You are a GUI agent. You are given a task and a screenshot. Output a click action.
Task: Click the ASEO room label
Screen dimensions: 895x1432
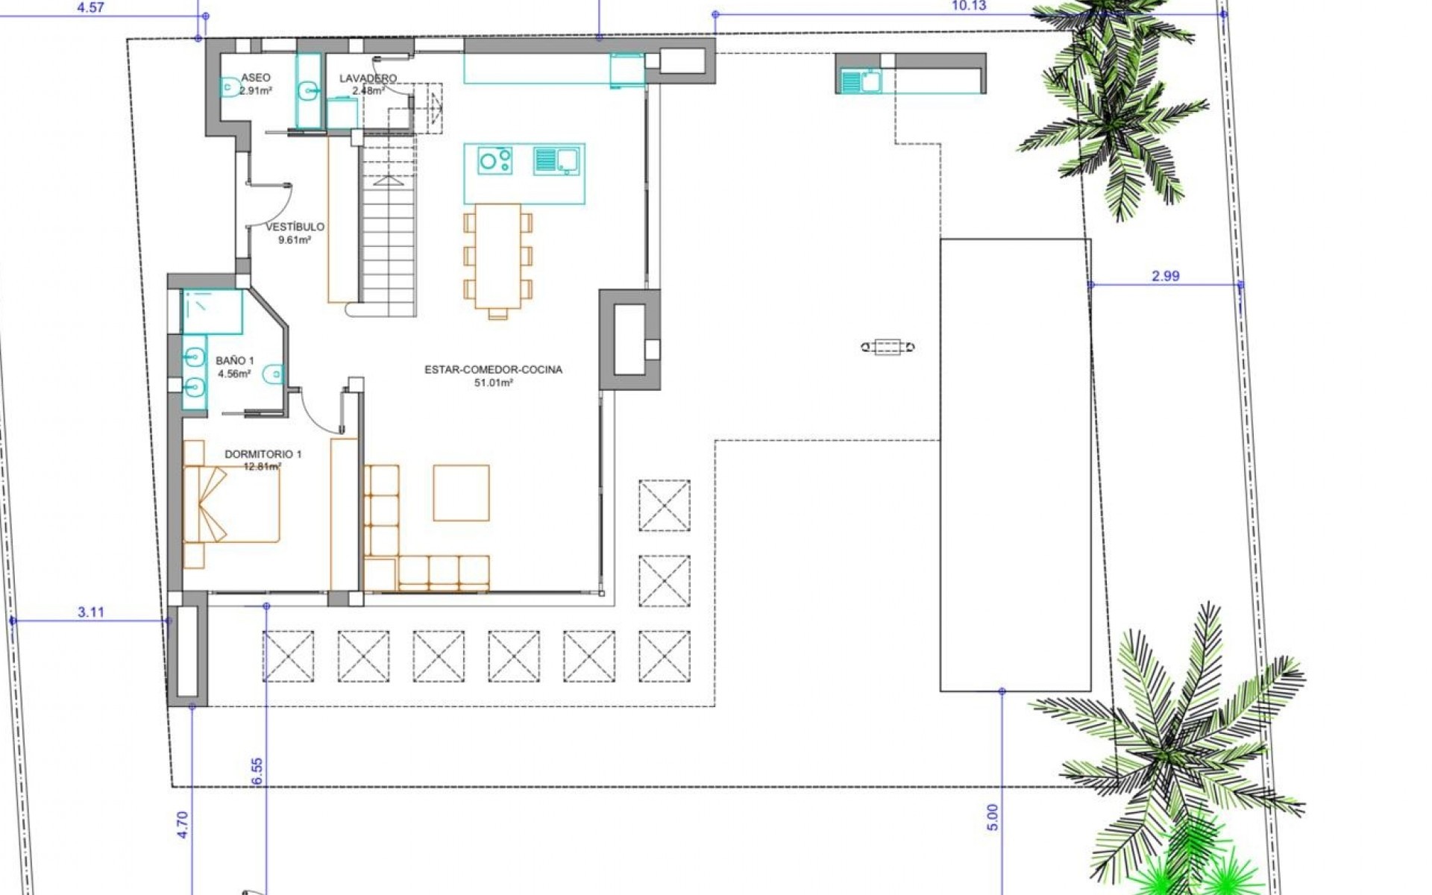click(255, 78)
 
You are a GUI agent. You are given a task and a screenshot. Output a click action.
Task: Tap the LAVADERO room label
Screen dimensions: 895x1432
click(368, 78)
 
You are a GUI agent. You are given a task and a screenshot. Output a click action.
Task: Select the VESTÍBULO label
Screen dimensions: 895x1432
click(295, 227)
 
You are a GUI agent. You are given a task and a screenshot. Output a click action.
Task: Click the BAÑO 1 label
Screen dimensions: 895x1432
click(235, 361)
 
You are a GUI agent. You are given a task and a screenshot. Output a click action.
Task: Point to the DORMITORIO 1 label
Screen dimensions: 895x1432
click(263, 454)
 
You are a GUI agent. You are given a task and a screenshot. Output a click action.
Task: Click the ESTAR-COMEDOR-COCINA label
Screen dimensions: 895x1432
click(493, 370)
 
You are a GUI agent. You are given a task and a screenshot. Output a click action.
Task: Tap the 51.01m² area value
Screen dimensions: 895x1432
click(494, 383)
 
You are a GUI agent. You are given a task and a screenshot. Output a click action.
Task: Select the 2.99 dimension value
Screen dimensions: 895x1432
click(1166, 276)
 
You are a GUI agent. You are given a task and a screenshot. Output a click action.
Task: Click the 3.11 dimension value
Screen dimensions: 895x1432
click(91, 612)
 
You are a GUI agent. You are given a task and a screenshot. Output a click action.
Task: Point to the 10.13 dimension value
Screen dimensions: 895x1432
click(969, 6)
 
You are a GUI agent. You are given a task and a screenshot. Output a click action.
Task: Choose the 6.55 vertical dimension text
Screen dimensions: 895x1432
click(257, 770)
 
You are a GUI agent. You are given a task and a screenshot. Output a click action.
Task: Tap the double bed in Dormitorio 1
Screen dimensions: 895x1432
click(231, 504)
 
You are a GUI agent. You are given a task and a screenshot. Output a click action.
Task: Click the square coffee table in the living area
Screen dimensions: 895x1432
click(461, 493)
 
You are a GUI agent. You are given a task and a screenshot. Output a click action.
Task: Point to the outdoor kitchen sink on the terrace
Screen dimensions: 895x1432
click(859, 81)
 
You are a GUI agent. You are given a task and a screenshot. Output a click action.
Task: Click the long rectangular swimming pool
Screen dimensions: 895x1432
click(1015, 465)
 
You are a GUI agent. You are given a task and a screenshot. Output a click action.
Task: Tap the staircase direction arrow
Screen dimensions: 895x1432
click(387, 180)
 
